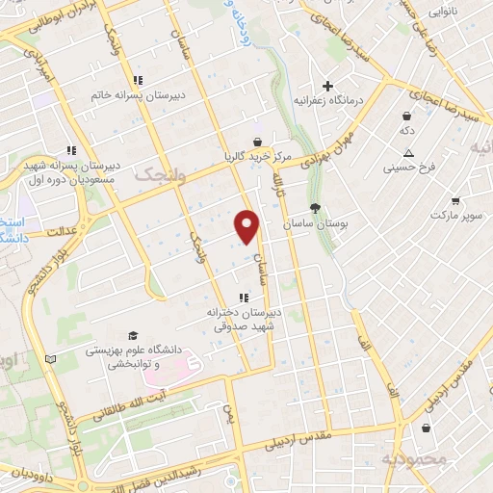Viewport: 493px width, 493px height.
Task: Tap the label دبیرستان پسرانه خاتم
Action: coord(123,96)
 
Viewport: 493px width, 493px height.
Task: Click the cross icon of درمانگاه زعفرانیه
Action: coord(327,86)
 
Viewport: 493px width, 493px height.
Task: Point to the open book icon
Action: coord(51,359)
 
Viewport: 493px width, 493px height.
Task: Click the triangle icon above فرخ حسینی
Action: coord(409,152)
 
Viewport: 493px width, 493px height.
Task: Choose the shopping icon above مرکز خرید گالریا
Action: coord(255,140)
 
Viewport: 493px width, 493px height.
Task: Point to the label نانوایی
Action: coord(443,13)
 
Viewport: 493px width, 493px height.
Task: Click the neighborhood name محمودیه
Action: coord(414,459)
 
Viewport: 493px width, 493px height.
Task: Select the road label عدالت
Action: coord(61,232)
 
